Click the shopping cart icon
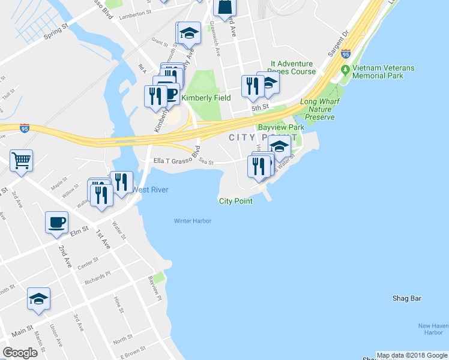coord(21,160)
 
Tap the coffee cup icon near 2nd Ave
coord(56,223)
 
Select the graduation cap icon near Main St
coord(38,299)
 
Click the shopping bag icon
coord(224,7)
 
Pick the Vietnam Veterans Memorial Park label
coord(383,72)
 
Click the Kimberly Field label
coord(206,98)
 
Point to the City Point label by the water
coord(235,201)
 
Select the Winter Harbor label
coord(193,221)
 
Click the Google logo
coord(20,353)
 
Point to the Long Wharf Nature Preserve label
coord(317,110)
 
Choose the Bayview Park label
coord(280,127)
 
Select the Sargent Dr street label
coord(338,44)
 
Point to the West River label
coord(150,190)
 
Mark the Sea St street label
coord(206,161)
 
